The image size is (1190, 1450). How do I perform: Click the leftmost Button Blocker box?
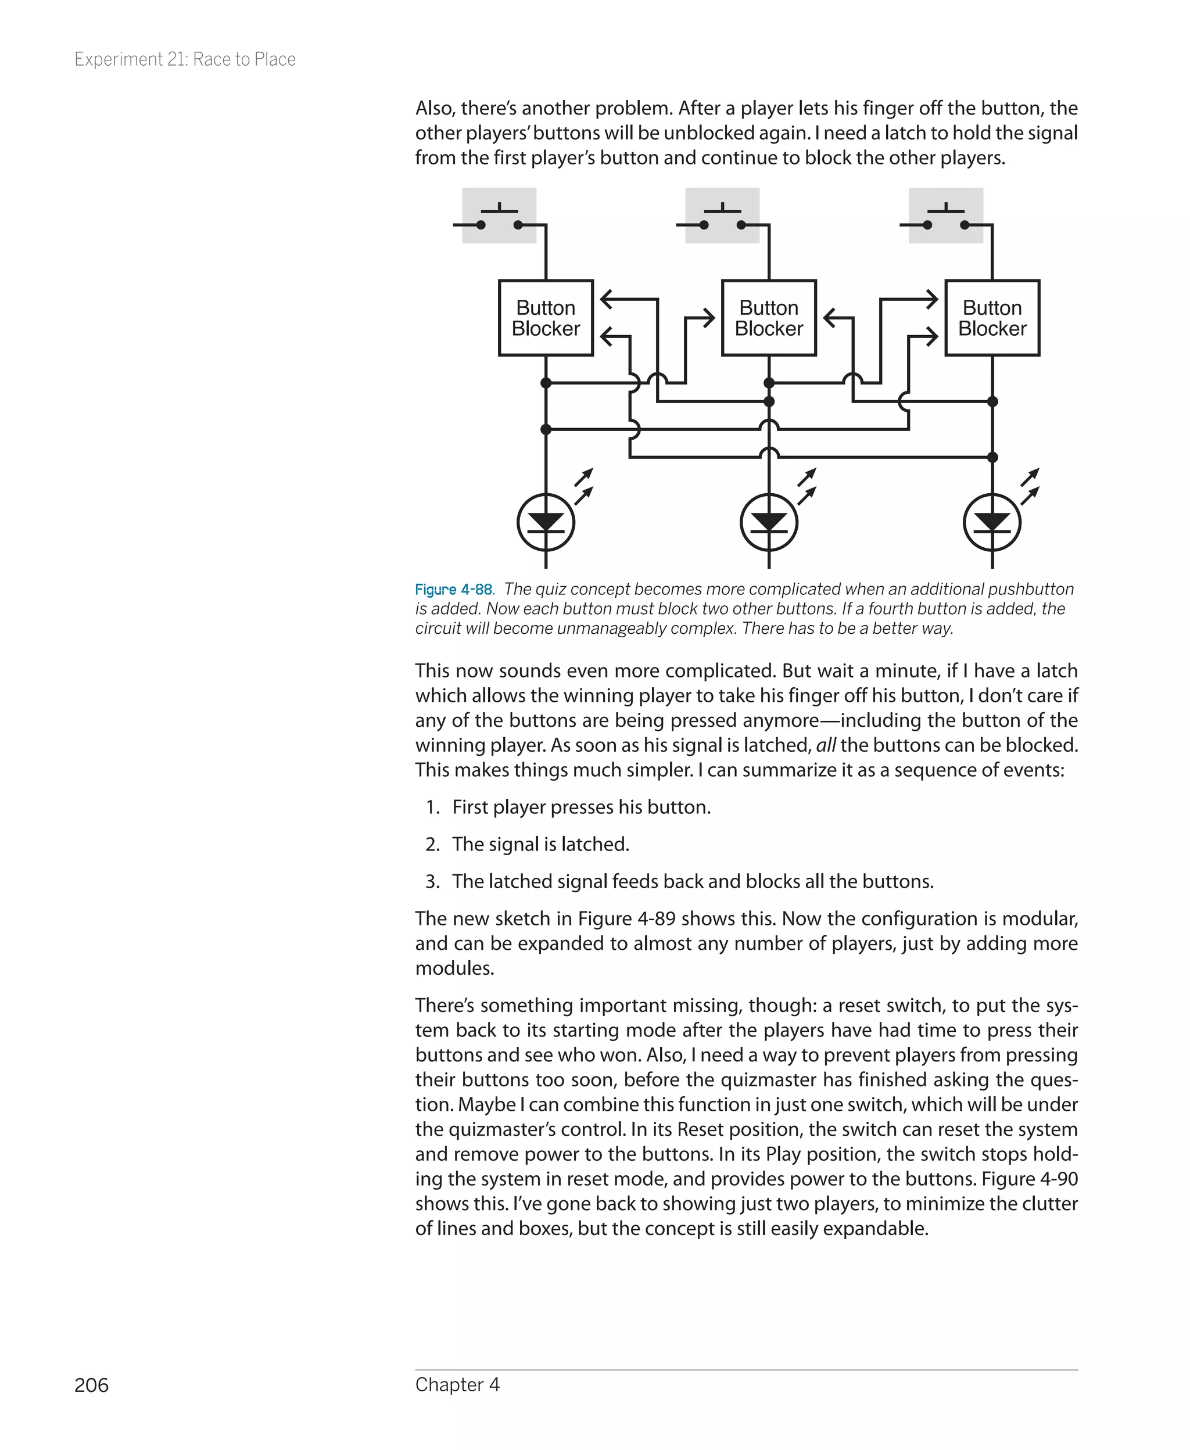click(x=545, y=318)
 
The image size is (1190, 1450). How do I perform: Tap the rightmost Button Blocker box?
click(x=992, y=318)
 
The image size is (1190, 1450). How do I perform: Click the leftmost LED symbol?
click(x=546, y=522)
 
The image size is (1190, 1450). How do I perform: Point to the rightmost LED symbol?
click(x=992, y=522)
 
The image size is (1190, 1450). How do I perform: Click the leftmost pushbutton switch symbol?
click(x=499, y=217)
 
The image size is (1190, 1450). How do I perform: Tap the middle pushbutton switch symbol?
click(x=722, y=217)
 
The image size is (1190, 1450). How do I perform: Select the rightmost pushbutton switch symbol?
click(x=946, y=217)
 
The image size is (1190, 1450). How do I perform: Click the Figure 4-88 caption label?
click(x=454, y=589)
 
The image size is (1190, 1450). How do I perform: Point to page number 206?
click(x=91, y=1385)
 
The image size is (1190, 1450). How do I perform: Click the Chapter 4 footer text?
click(x=457, y=1384)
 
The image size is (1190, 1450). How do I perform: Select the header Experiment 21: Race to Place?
click(x=185, y=60)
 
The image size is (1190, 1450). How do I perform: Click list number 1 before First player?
click(x=432, y=807)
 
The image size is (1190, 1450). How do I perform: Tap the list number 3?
click(x=432, y=881)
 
